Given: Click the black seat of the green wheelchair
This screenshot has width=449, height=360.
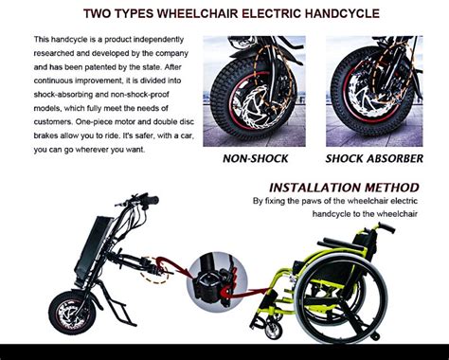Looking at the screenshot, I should [336, 261].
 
